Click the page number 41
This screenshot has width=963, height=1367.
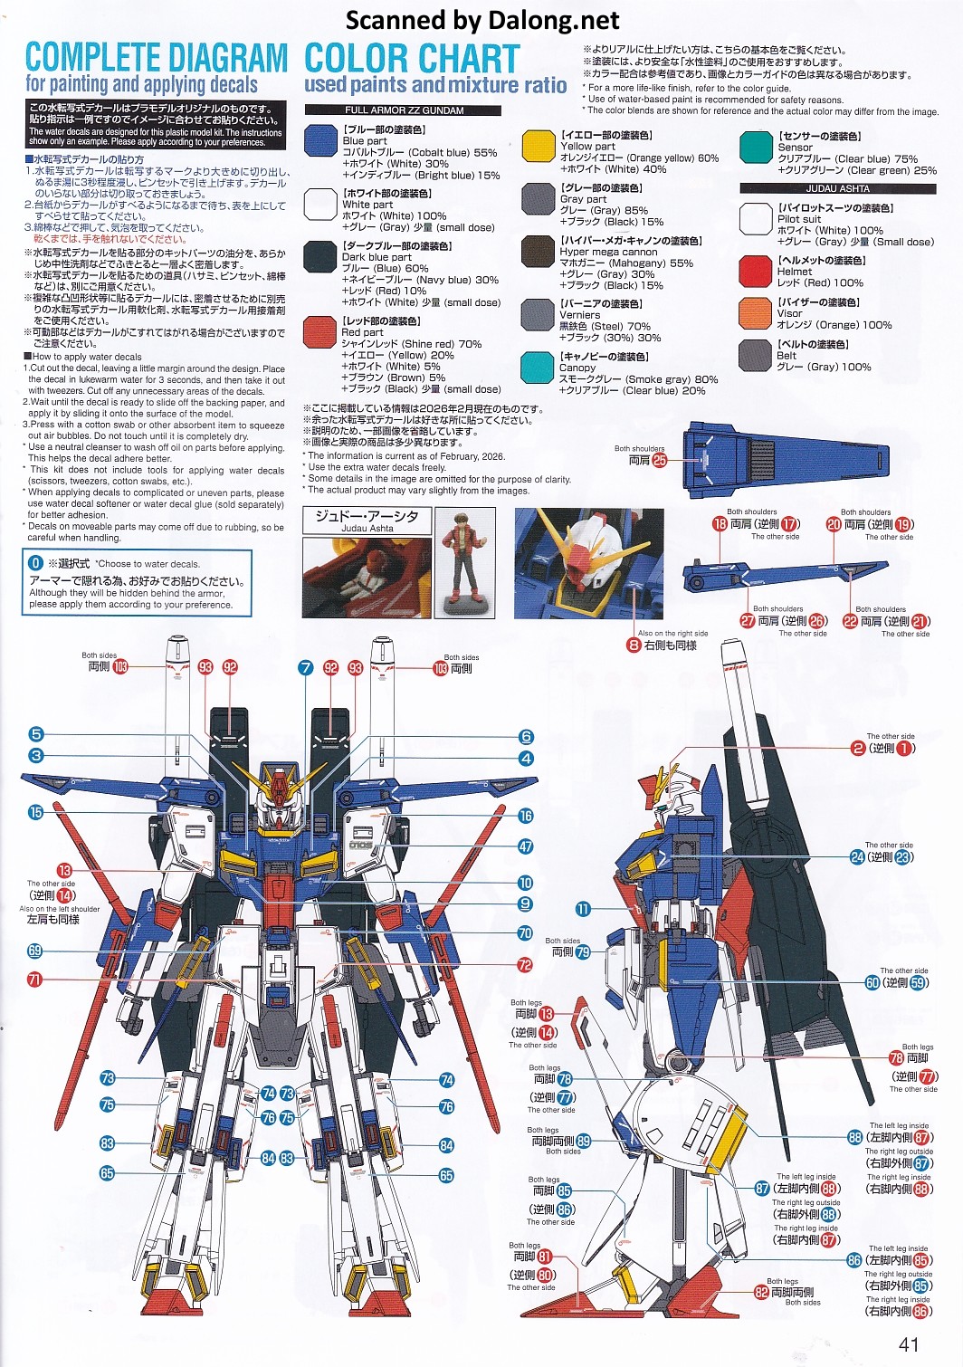tap(909, 1344)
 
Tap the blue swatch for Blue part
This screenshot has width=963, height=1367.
tap(320, 140)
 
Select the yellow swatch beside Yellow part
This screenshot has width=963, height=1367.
tap(538, 146)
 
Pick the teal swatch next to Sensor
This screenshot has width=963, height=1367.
tap(755, 148)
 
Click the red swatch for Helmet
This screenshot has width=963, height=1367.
tap(755, 271)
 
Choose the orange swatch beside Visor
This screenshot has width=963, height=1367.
tap(755, 313)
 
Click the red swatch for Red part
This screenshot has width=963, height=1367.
tap(320, 332)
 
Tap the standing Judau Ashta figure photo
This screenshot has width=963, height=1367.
tap(466, 562)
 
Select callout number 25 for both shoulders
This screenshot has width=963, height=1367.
tap(660, 460)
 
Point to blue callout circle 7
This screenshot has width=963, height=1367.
tap(306, 668)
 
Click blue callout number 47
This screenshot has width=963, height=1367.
tap(525, 846)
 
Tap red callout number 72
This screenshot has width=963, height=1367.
tap(525, 965)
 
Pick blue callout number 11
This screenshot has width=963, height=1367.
tap(583, 909)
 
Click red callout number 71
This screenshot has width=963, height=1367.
tap(35, 979)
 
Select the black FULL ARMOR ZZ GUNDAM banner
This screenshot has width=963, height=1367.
tap(403, 110)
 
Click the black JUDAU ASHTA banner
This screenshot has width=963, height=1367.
tap(837, 189)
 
